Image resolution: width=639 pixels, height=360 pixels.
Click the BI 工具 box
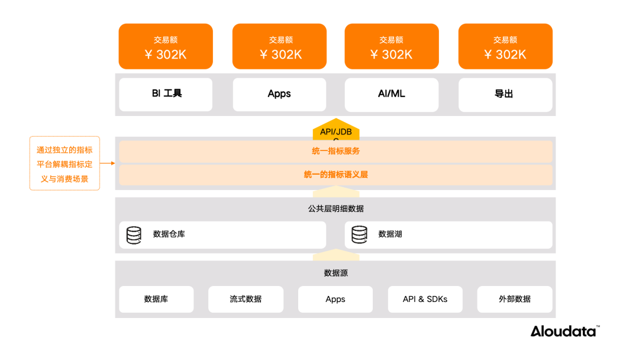pyautogui.click(x=166, y=94)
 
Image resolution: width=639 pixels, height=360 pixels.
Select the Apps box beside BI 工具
pyautogui.click(x=279, y=94)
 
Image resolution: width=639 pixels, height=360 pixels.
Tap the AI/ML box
pyautogui.click(x=392, y=94)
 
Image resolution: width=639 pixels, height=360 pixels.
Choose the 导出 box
pyautogui.click(x=505, y=94)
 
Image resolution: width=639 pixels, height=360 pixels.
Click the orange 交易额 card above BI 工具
pyautogui.click(x=166, y=47)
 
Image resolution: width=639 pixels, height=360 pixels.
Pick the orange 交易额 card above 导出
pyautogui.click(x=505, y=47)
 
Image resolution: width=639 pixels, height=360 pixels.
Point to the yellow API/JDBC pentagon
pyautogui.click(x=336, y=131)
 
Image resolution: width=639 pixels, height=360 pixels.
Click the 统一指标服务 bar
pyautogui.click(x=335, y=151)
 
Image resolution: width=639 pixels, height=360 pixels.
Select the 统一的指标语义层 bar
pyautogui.click(x=335, y=175)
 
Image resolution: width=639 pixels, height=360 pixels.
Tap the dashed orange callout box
pyautogui.click(x=64, y=163)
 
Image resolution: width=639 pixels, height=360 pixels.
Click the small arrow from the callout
pyautogui.click(x=107, y=163)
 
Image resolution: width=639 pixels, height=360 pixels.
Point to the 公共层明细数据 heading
pyautogui.click(x=335, y=208)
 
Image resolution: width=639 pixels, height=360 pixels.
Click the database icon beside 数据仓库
pyautogui.click(x=134, y=235)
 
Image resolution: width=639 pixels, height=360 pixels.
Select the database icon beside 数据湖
pyautogui.click(x=359, y=235)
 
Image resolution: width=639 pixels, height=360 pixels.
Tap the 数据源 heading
pyautogui.click(x=335, y=273)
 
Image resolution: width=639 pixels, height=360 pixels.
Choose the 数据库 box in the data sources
pyautogui.click(x=156, y=299)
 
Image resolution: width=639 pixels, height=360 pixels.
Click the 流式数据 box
pyautogui.click(x=246, y=299)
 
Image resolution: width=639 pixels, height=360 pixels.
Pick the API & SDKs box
pyautogui.click(x=425, y=299)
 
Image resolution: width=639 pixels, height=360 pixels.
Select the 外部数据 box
pyautogui.click(x=514, y=299)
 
